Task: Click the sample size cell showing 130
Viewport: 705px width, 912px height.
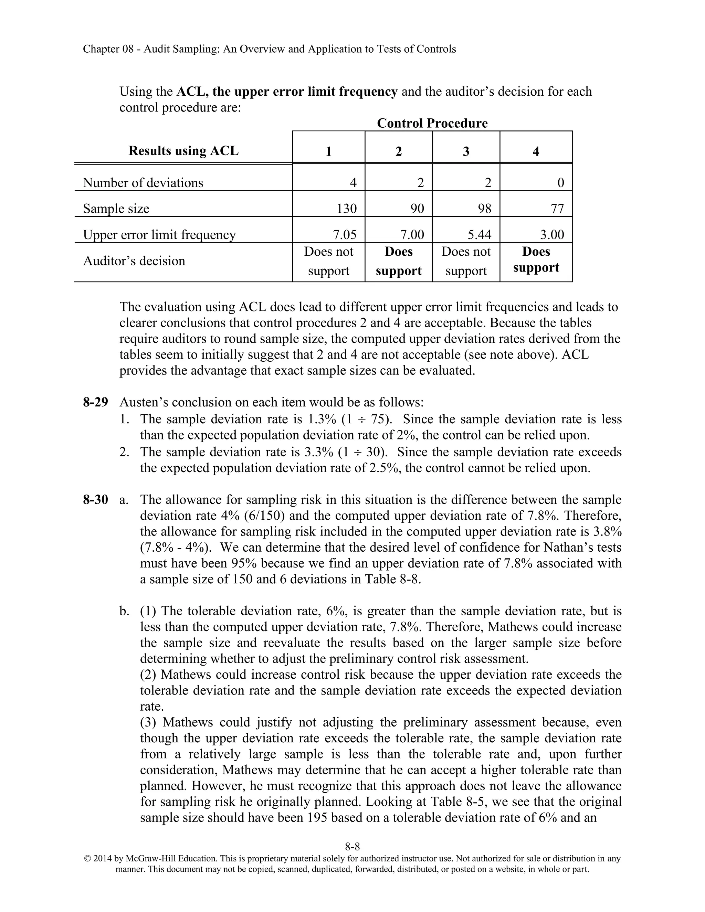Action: pos(346,208)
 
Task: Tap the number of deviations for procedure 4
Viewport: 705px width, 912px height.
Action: pos(560,182)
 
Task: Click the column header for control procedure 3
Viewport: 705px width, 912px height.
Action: pos(466,151)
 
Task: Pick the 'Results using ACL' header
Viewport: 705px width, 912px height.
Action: pos(183,151)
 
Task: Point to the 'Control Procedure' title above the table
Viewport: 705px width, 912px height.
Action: pos(432,123)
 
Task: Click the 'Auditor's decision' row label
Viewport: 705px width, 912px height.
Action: pos(134,261)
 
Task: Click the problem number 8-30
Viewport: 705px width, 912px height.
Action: pos(95,500)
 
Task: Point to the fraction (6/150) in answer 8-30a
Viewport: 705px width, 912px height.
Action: pos(262,516)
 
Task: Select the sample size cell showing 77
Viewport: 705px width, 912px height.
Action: pos(557,208)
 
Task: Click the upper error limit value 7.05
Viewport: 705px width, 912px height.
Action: pos(345,235)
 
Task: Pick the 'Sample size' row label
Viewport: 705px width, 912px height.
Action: pos(116,208)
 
